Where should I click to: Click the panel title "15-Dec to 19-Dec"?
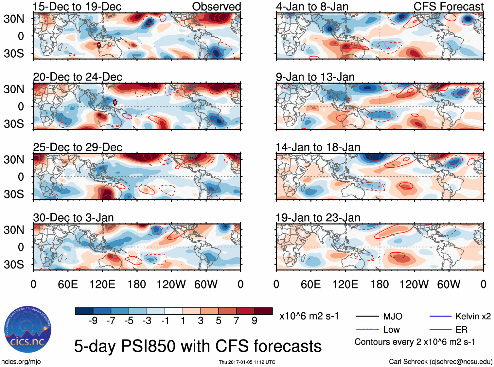(x=77, y=7)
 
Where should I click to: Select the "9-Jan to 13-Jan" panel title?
(x=315, y=77)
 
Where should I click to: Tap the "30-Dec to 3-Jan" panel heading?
(x=73, y=218)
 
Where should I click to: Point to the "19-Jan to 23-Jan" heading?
(x=318, y=218)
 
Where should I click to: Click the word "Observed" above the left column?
(x=216, y=7)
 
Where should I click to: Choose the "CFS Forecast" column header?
(x=448, y=7)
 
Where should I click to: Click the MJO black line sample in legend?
(x=367, y=316)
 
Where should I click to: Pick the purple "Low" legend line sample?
(x=367, y=329)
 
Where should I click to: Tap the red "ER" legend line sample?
(x=440, y=329)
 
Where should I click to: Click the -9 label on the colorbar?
(x=93, y=321)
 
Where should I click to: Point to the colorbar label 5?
(x=219, y=321)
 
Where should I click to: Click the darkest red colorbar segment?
(x=263, y=311)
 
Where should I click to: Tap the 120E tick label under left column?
(x=102, y=284)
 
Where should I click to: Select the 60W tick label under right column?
(x=449, y=284)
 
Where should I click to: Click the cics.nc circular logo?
(x=27, y=329)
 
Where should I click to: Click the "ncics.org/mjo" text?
(x=21, y=362)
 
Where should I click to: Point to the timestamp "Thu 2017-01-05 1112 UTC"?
(x=247, y=362)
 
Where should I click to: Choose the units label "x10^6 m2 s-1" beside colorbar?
(x=309, y=316)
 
